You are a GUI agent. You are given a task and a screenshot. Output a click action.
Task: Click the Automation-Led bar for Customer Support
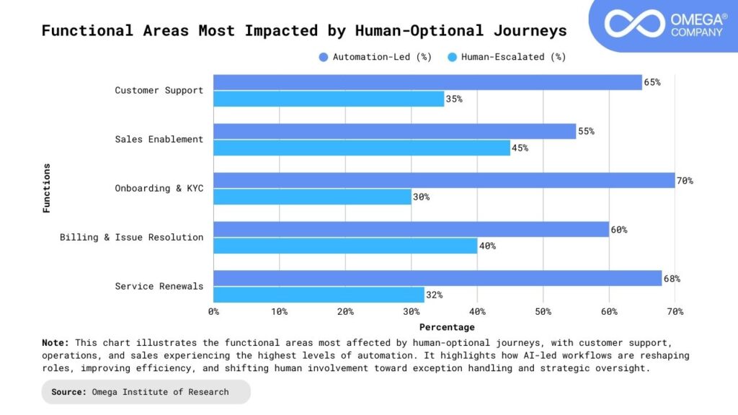tap(427, 82)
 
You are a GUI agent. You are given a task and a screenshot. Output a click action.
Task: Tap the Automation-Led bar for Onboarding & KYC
tap(444, 180)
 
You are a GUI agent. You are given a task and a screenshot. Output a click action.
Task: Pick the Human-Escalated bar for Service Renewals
tap(319, 295)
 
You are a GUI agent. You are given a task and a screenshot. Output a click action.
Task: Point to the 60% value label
tap(619, 230)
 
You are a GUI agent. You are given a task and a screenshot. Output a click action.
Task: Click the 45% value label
tap(520, 148)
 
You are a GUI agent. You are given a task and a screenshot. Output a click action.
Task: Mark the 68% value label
tap(672, 279)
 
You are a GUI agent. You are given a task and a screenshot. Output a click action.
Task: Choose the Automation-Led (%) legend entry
tap(375, 57)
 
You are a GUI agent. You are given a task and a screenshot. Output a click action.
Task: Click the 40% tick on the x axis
tap(477, 311)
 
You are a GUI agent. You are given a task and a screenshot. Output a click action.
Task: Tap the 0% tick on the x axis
tap(213, 311)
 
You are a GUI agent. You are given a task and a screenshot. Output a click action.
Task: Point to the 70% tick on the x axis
tap(675, 311)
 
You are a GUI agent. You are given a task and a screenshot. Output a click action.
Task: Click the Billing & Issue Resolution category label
tap(131, 237)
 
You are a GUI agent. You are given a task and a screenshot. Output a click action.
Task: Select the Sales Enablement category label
tap(159, 139)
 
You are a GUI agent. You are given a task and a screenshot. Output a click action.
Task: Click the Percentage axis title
tap(447, 327)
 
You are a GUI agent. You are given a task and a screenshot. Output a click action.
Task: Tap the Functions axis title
tap(47, 188)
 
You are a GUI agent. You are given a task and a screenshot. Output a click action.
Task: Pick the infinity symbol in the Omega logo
tap(633, 23)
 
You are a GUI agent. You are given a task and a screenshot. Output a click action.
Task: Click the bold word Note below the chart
tap(55, 343)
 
